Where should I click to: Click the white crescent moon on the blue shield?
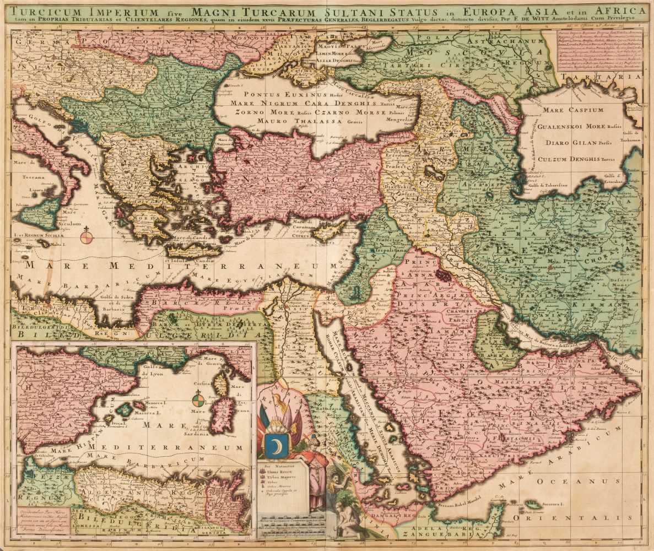274,445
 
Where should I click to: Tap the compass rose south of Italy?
87,237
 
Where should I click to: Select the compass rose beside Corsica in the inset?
199,399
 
